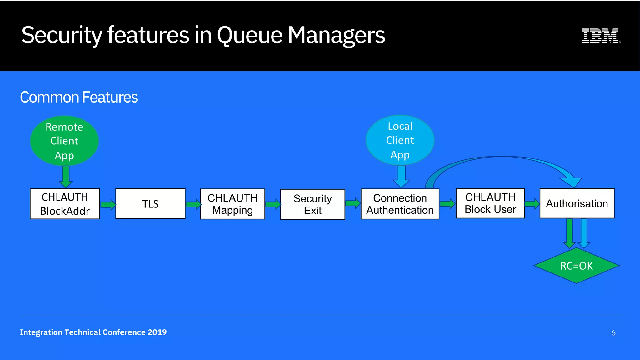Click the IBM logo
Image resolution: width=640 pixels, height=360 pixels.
coord(601,36)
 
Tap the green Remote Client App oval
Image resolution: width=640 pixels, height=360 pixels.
coord(64,141)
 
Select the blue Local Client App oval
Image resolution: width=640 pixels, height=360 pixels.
coord(400,140)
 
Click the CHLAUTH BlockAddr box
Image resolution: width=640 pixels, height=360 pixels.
coord(65,204)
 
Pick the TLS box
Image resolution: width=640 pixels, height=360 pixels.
coord(150,204)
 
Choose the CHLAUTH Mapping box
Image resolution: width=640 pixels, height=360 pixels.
coord(232,204)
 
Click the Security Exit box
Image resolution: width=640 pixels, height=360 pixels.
coord(312,204)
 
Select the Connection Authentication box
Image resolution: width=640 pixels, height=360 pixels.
coord(400,204)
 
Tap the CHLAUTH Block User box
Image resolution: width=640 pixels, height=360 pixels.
coord(490,203)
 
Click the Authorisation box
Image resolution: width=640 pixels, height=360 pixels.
coord(577,203)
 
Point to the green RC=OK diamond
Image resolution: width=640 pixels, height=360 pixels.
coord(576,266)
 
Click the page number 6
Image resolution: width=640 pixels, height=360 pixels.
coord(613,333)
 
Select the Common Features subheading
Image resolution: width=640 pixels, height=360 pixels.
coord(79,97)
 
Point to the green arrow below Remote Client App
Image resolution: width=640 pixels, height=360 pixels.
coord(66,177)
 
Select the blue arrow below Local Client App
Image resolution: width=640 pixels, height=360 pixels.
coord(401,177)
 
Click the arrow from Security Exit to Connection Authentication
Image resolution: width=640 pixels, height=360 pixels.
coord(353,203)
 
